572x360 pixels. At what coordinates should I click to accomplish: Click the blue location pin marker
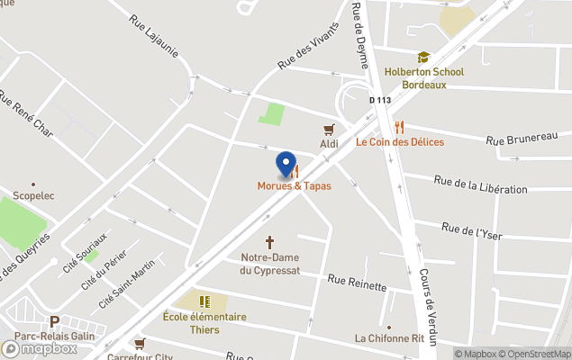(x=286, y=166)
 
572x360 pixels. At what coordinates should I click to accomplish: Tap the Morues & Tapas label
(x=294, y=186)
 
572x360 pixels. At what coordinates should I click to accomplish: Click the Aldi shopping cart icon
(x=330, y=129)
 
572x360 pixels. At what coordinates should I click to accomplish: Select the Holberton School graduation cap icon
(x=423, y=58)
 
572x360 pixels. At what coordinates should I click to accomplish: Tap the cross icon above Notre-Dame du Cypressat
(x=268, y=243)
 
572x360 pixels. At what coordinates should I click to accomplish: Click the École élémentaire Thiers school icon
(x=204, y=301)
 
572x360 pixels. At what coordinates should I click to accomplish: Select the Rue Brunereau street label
(x=522, y=138)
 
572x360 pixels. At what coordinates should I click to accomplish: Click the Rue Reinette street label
(x=357, y=283)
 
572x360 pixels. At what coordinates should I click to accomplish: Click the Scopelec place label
(x=34, y=193)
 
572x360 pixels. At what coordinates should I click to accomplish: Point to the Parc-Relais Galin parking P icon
(x=54, y=321)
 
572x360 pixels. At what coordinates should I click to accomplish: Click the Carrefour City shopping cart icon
(x=140, y=343)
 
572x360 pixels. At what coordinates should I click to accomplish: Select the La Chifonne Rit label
(x=389, y=338)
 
